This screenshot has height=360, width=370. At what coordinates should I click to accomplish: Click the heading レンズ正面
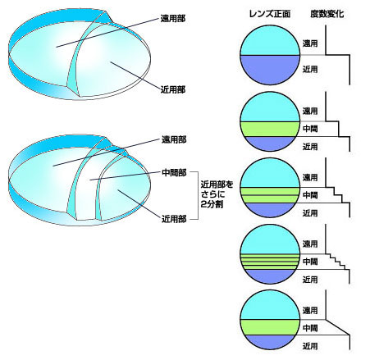[270, 14]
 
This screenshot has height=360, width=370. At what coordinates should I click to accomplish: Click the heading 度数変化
[327, 14]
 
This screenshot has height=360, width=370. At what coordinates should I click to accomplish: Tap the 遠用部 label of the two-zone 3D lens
[173, 19]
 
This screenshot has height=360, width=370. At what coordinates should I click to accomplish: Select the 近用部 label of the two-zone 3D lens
[173, 89]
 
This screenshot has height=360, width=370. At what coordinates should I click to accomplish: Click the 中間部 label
[174, 173]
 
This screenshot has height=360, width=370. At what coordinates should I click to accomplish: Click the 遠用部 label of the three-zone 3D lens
[174, 139]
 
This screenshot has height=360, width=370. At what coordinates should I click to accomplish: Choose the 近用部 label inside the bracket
[174, 219]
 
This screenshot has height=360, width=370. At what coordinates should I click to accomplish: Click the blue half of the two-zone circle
[270, 69]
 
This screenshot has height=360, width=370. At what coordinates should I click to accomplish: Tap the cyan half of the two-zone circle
[270, 42]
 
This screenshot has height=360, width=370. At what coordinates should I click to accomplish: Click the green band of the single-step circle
[270, 129]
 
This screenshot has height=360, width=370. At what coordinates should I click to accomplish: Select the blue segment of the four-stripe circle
[270, 276]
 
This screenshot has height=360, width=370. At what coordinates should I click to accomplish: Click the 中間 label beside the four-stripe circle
[310, 262]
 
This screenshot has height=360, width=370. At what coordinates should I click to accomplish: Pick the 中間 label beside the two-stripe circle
[310, 195]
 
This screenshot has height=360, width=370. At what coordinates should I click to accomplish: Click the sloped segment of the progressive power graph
[338, 327]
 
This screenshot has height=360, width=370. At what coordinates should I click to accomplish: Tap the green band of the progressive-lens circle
[270, 327]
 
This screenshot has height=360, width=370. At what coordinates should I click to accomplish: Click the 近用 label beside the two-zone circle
[310, 70]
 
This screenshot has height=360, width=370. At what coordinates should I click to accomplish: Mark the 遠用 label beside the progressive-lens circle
[310, 310]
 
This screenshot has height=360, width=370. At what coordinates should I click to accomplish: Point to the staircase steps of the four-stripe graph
[338, 262]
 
